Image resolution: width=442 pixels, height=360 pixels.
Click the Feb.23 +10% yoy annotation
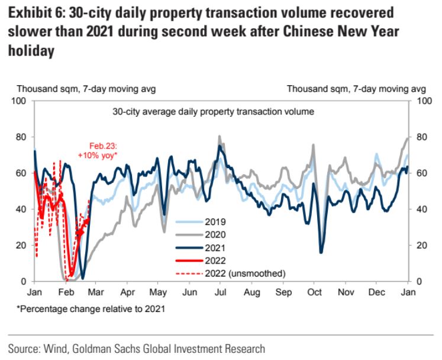[x=98, y=150]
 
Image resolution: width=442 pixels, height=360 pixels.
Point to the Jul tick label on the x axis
[x=220, y=292]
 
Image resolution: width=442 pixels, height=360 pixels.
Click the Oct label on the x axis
[x=315, y=292]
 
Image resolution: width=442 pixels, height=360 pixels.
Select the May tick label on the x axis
[x=157, y=292]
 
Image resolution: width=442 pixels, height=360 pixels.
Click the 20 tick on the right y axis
[x=422, y=245]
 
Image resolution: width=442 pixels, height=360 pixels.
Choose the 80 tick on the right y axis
[x=422, y=137]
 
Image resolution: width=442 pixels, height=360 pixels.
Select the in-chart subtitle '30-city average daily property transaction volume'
[x=212, y=111]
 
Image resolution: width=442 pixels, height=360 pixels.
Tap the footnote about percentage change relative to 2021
[x=83, y=308]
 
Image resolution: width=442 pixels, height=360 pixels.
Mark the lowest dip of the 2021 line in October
[x=321, y=253]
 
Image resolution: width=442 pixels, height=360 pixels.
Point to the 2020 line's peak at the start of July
[x=220, y=136]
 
